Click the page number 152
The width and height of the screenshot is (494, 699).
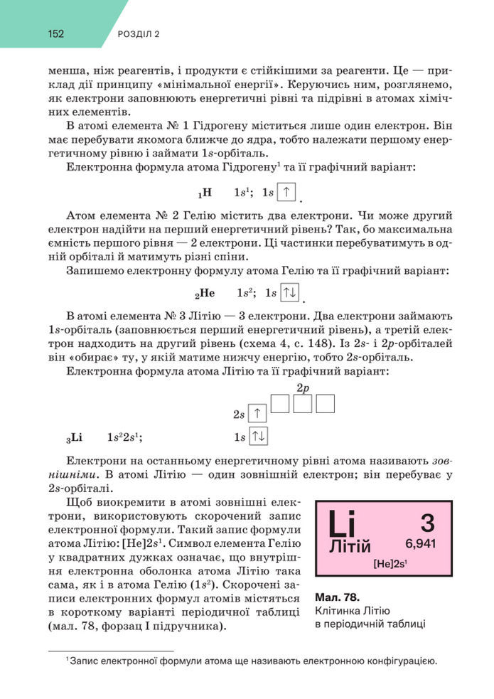[x=57, y=33]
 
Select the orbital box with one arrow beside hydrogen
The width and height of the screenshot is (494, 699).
[x=286, y=192]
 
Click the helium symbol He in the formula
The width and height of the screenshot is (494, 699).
[x=206, y=292]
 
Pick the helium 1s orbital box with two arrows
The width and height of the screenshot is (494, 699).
[x=290, y=292]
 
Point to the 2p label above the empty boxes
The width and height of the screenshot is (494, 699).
[x=303, y=388]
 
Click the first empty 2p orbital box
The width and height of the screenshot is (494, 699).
[x=281, y=403]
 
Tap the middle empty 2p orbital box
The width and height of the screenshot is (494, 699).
[x=303, y=403]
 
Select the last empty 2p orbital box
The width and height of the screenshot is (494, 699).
[x=325, y=403]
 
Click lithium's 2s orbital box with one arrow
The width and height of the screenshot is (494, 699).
[x=258, y=414]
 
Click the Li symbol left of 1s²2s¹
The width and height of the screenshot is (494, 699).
[x=76, y=437]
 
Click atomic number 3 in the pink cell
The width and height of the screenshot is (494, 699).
[x=426, y=523]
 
